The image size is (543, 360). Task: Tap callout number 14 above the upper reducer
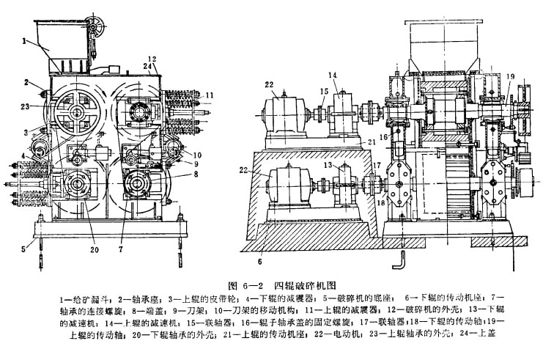point(333,75)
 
